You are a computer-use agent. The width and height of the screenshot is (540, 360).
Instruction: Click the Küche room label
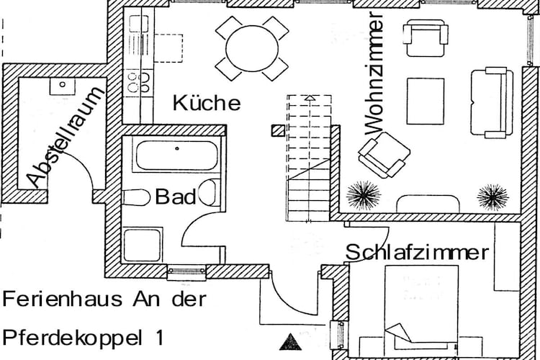coord(207,103)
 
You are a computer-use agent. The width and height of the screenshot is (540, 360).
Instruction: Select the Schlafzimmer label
coord(417,253)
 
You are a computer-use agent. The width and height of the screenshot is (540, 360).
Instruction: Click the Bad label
coord(176,197)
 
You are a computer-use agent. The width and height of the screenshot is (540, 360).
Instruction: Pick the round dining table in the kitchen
coord(251,48)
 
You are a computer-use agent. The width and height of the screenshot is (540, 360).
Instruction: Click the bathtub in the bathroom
coord(176,154)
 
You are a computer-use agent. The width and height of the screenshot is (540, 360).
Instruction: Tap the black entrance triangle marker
coord(289,341)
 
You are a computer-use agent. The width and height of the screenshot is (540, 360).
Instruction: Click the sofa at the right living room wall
coord(492,102)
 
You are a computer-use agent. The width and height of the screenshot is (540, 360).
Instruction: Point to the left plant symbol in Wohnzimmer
coord(364,194)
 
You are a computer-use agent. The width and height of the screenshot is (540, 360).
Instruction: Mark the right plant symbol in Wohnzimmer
coord(492,195)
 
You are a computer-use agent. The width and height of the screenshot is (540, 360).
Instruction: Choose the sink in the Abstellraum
coord(62,86)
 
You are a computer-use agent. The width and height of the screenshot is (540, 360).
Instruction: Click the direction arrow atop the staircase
coord(310,98)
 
